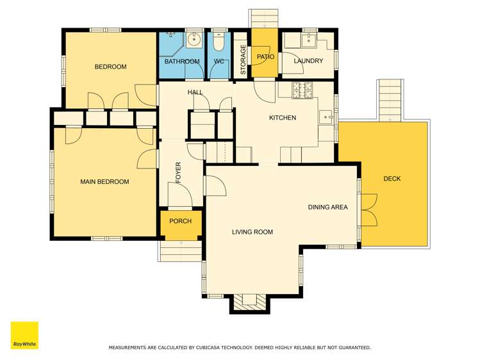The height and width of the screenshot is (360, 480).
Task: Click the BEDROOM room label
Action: [x=110, y=67]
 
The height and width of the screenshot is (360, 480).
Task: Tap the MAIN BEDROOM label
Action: [x=104, y=182]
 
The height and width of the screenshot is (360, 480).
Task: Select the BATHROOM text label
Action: [x=182, y=61]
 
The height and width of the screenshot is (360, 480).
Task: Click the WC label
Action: [x=219, y=61]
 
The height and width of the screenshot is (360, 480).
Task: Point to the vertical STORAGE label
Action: [x=243, y=60]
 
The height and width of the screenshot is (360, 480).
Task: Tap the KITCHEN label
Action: [x=282, y=118]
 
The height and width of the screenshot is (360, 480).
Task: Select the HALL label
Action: [x=195, y=93]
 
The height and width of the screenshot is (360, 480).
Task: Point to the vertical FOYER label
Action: [x=179, y=174]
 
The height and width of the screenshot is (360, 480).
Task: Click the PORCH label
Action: [x=181, y=222]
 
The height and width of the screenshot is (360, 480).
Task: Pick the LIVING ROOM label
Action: [x=252, y=232]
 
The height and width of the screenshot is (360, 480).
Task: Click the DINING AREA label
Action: [x=327, y=207]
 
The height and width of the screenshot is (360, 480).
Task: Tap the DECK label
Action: [x=392, y=179]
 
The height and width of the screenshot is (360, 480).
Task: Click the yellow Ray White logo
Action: [x=24, y=335]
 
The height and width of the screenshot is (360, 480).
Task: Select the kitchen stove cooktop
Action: [x=303, y=90]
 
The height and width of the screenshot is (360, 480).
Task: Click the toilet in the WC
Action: [x=219, y=42]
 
